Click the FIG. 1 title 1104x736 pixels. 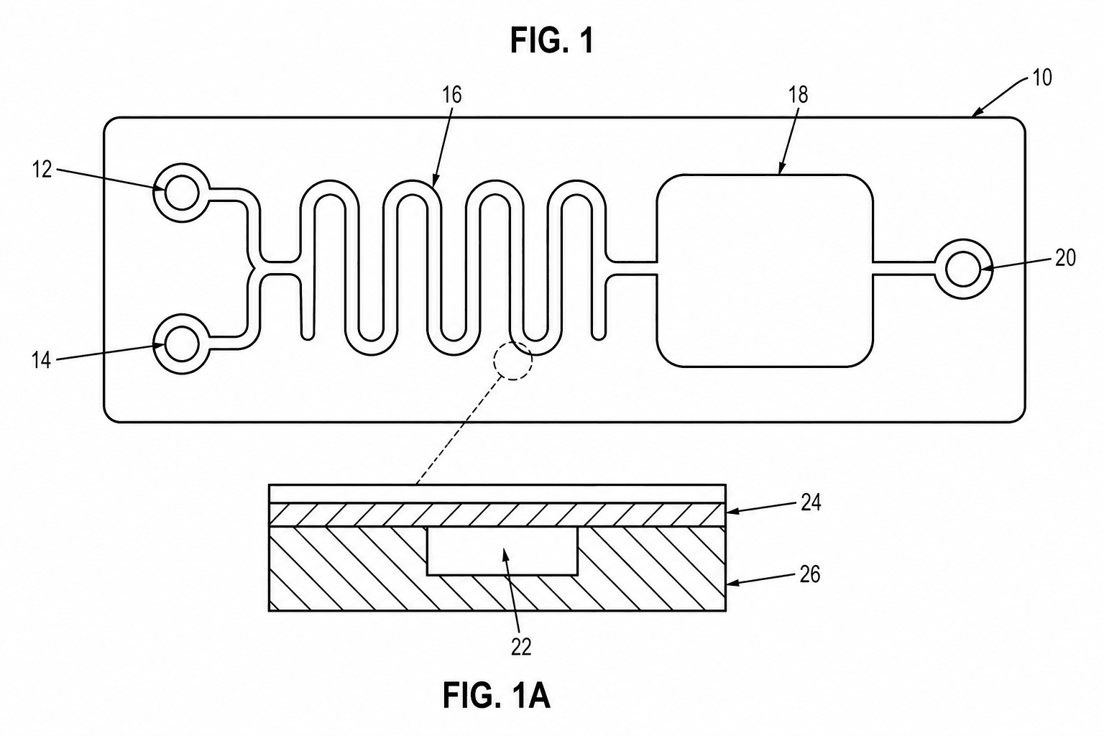552,40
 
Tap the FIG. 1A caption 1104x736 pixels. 496,695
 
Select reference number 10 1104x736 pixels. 1041,78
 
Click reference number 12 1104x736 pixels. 42,170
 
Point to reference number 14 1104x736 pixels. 42,360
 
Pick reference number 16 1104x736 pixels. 451,95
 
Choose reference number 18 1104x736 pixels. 798,95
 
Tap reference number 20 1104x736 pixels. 1065,258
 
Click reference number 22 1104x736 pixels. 521,648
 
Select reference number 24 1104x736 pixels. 810,503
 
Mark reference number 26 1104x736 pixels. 809,575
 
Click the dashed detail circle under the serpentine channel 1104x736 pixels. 513,341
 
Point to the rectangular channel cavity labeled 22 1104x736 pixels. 502,551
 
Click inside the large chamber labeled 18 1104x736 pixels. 765,270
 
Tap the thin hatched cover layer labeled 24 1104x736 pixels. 497,515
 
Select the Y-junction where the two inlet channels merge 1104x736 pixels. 254,269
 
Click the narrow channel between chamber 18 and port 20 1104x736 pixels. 904,269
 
